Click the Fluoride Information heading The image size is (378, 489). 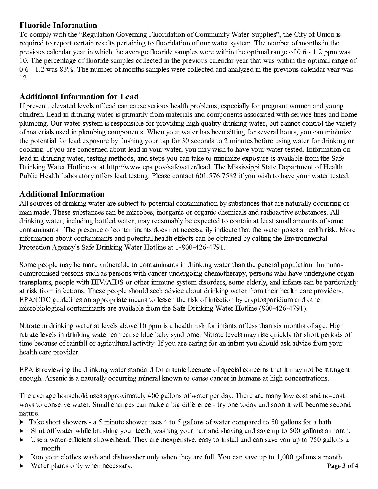click(x=58, y=25)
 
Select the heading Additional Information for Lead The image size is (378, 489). click(x=79, y=97)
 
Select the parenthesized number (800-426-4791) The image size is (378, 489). click(x=283, y=308)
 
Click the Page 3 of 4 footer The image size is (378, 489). click(x=342, y=466)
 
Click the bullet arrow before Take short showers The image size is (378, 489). click(x=21, y=422)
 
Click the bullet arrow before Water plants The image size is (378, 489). click(x=21, y=466)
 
